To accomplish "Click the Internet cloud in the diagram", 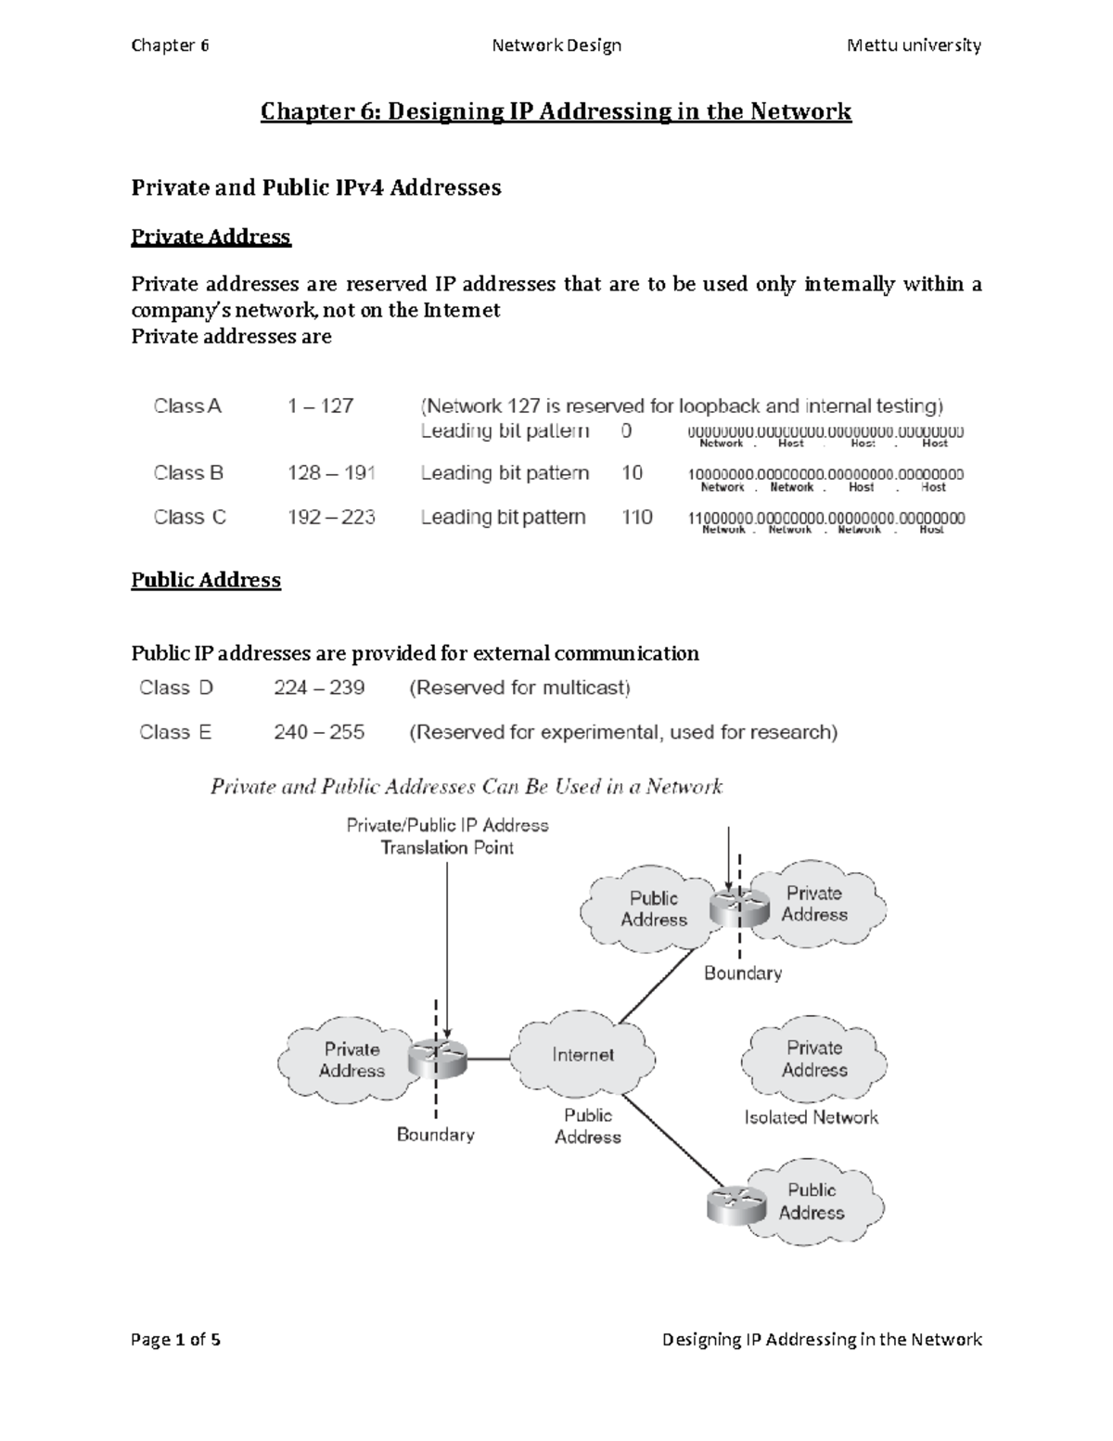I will click(x=583, y=1055).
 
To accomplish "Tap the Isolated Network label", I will click(x=811, y=1118).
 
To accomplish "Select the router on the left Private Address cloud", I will click(x=437, y=1057).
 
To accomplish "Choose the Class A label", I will click(x=187, y=406).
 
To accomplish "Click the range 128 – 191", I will click(x=331, y=473).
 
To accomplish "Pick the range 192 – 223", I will click(x=331, y=518).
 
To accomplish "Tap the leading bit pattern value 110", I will click(x=637, y=518).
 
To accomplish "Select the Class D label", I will click(x=176, y=688).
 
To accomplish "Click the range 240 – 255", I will click(x=319, y=733).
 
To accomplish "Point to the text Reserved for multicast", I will click(x=519, y=688).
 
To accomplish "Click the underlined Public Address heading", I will click(x=206, y=581).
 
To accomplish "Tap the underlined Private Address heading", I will click(x=211, y=238).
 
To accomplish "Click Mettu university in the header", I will click(x=914, y=45).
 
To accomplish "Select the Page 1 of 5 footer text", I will click(x=176, y=1340).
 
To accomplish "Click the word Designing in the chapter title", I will click(x=445, y=112).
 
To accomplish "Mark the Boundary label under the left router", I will click(x=435, y=1135).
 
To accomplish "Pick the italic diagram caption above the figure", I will click(x=467, y=788).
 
